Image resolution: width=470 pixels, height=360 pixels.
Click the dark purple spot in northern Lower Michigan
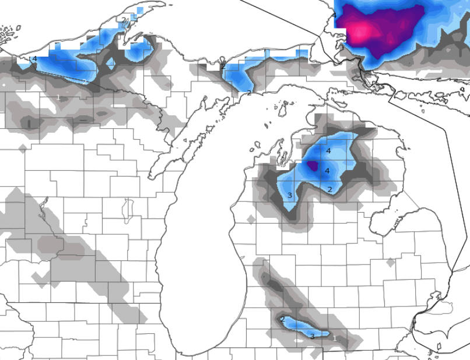click(313, 165)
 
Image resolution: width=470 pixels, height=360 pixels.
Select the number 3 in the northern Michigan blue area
click(290, 195)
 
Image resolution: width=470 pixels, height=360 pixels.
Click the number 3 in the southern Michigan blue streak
click(312, 336)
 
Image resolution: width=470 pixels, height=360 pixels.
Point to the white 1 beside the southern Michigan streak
click(334, 338)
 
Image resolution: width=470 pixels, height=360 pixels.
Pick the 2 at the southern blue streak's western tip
click(282, 319)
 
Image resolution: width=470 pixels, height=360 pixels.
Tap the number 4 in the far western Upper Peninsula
click(34, 59)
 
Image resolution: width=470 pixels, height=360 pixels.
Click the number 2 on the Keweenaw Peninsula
click(124, 20)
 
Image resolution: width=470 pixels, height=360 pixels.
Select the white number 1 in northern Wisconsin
click(58, 97)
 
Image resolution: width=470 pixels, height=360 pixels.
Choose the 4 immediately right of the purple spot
click(327, 171)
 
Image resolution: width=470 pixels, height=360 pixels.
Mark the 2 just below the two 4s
click(329, 189)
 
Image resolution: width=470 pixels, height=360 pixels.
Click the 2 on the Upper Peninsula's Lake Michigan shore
click(248, 93)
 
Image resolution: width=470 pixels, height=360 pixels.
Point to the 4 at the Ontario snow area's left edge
click(334, 15)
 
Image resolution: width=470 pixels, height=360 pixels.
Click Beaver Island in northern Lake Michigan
click(285, 108)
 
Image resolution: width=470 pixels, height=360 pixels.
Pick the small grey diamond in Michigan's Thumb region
click(390, 263)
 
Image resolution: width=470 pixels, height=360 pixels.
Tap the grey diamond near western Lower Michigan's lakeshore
click(251, 220)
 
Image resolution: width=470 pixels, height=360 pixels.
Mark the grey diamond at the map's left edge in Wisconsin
click(23, 149)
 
